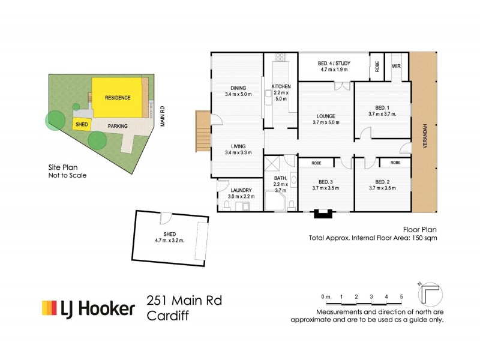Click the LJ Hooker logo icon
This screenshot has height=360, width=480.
click(x=49, y=308)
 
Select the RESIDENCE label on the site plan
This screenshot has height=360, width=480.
click(x=118, y=97)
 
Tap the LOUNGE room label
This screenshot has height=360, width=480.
click(x=326, y=116)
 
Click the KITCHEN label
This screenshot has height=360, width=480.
click(x=281, y=86)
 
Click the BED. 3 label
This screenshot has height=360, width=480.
click(x=326, y=182)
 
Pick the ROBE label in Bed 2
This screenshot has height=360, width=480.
click(x=395, y=163)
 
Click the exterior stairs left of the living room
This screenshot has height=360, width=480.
click(x=202, y=132)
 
